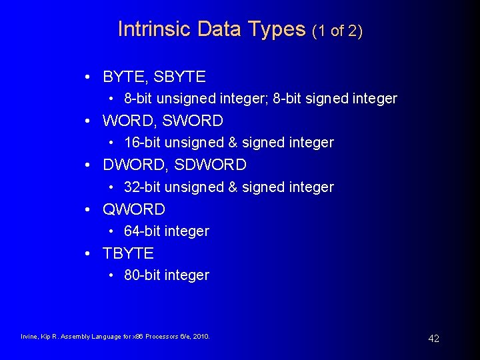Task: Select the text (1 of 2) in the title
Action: (x=337, y=31)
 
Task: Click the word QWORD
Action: (x=133, y=209)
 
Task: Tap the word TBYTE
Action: (x=128, y=253)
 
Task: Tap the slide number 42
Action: (x=433, y=339)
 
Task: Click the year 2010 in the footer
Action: (x=201, y=337)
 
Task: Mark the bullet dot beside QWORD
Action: (x=89, y=210)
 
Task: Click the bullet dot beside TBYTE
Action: (x=89, y=254)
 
